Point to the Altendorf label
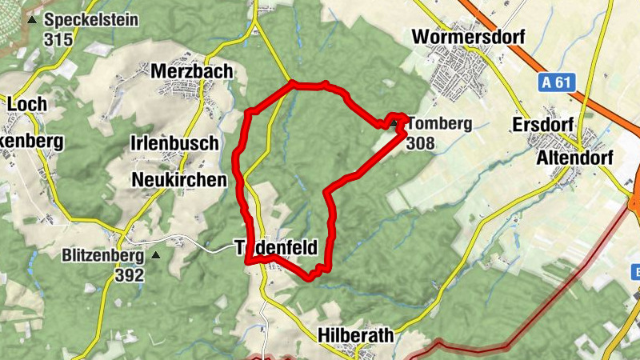574,158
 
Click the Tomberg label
439,124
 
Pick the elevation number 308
422,143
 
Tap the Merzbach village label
192,71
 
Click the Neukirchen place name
178,179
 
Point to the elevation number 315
58,39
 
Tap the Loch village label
26,104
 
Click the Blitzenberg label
102,256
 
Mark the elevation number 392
129,276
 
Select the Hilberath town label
355,335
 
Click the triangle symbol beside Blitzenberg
156,256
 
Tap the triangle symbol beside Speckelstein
32,20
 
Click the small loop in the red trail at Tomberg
394,122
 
